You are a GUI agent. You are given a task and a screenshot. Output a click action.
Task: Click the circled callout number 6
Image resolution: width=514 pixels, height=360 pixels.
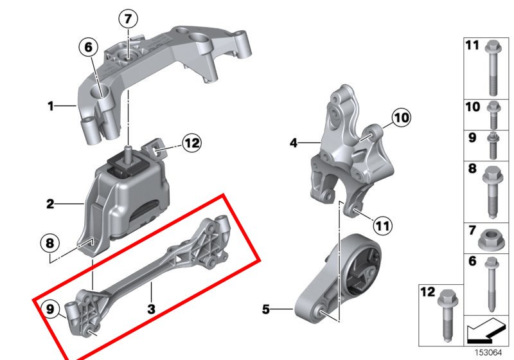[x=89, y=46]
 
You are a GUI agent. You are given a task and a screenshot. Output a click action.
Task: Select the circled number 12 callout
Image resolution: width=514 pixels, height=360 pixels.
[x=192, y=143]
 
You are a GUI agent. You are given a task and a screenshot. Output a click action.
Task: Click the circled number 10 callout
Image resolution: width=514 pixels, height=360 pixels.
[x=401, y=118]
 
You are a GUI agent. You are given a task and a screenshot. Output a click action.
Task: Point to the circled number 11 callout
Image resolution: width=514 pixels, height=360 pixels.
[x=383, y=226]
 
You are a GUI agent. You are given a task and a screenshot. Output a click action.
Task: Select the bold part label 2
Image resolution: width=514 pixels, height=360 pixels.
[x=50, y=205]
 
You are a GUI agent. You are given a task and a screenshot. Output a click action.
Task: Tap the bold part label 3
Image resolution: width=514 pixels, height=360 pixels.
[x=152, y=309]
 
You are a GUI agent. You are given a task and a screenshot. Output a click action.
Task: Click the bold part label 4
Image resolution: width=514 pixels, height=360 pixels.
[x=293, y=143]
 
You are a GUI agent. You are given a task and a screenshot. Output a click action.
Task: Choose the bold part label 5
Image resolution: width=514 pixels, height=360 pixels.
[x=265, y=310]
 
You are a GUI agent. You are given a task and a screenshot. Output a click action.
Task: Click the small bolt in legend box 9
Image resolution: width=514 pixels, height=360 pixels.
[x=492, y=146]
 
